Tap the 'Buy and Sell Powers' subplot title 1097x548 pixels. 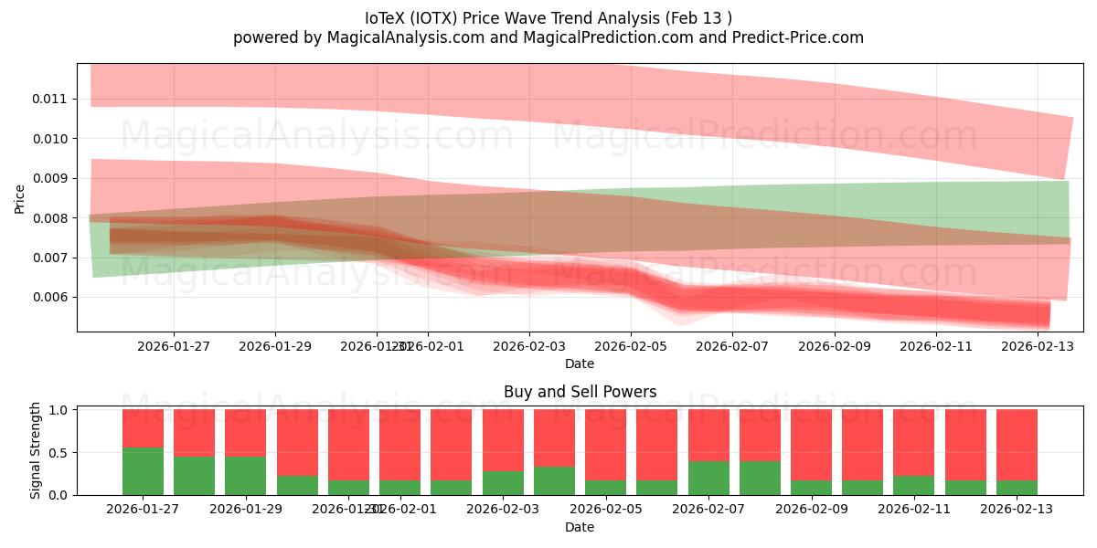(580, 392)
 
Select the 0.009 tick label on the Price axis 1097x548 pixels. (53, 178)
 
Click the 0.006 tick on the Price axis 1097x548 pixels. (53, 298)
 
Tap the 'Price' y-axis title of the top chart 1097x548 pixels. (21, 198)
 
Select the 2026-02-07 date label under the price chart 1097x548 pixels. (732, 347)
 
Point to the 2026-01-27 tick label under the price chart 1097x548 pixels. (174, 347)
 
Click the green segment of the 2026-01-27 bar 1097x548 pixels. (143, 471)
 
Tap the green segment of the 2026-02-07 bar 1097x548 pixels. (708, 478)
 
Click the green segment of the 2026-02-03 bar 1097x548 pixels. (503, 483)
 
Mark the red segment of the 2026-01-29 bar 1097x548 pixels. (245, 432)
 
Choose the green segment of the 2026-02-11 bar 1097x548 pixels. (913, 485)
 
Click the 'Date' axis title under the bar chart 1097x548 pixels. (580, 527)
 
